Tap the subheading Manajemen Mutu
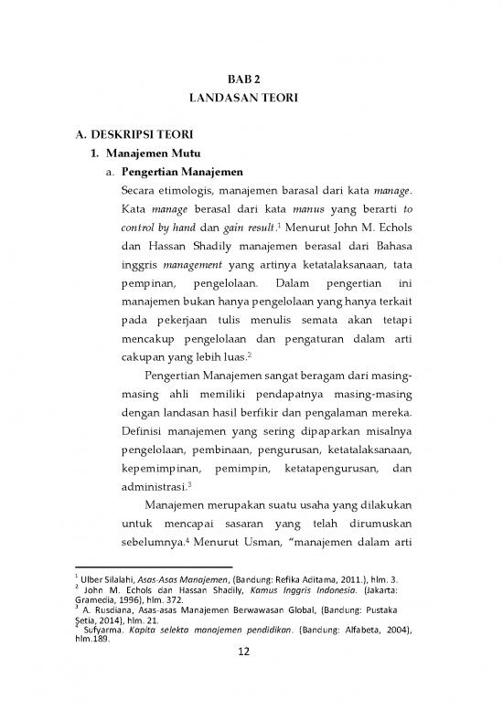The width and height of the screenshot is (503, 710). [x=151, y=155]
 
